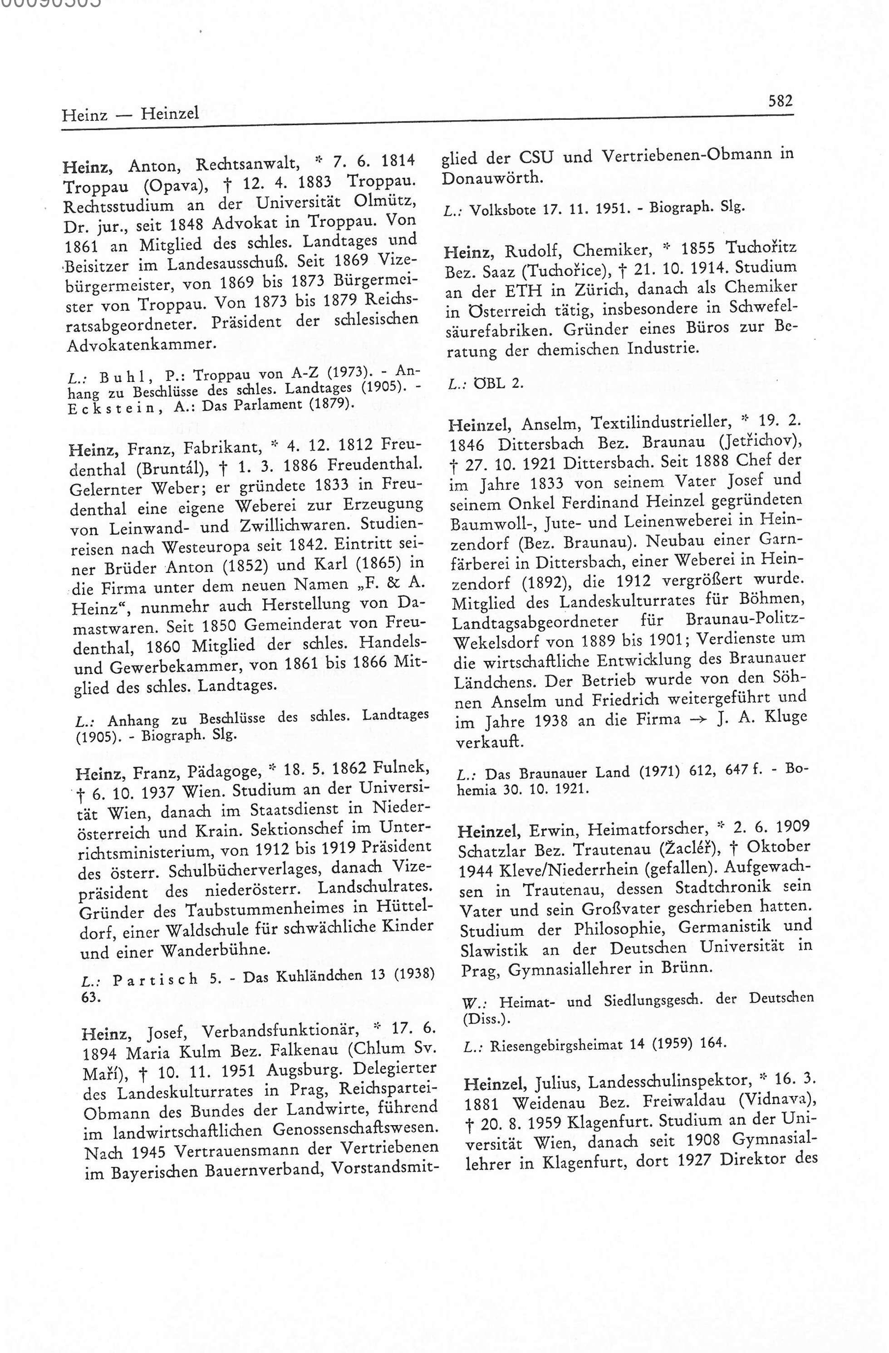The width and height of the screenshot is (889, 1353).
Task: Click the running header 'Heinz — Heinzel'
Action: (x=130, y=114)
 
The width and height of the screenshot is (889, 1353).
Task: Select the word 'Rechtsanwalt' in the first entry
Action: (x=247, y=166)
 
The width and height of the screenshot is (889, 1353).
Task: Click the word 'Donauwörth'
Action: (x=492, y=178)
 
